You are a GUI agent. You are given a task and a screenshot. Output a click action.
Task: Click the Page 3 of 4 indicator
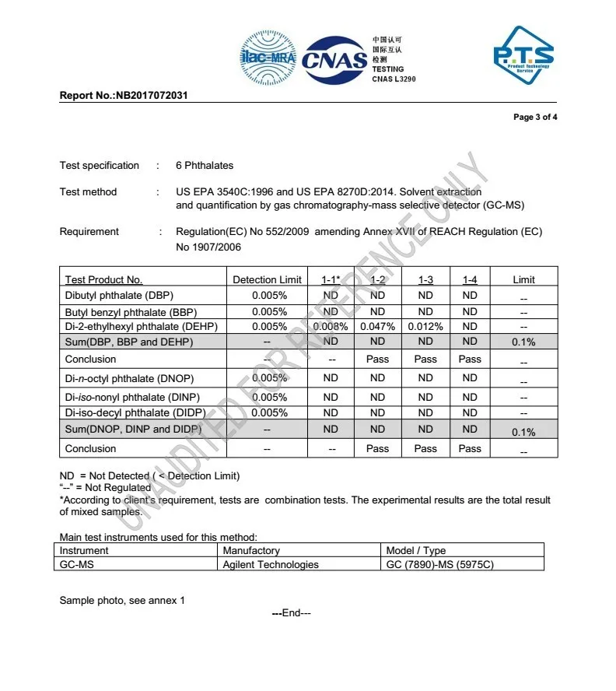point(535,118)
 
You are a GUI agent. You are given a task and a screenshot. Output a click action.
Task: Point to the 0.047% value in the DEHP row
point(377,327)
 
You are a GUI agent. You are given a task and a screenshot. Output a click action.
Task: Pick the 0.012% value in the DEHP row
point(425,327)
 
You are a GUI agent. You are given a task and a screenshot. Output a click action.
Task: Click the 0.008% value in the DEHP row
point(331,327)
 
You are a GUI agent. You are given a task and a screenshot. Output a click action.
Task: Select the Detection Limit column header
point(267,279)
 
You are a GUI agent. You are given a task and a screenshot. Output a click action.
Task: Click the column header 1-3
point(425,279)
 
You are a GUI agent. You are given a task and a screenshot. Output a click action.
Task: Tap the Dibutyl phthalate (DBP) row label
point(119,296)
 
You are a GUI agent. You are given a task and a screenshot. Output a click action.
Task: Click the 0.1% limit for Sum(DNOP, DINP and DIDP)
point(523,432)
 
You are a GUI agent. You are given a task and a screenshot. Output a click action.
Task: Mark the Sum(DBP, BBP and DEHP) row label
point(129,342)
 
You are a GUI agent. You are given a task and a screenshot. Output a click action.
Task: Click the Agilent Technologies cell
point(271,564)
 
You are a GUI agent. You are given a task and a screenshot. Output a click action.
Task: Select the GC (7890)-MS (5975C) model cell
point(439,564)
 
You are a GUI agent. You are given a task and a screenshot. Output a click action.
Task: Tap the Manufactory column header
point(251,551)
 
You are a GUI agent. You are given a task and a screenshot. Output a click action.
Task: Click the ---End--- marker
point(292,613)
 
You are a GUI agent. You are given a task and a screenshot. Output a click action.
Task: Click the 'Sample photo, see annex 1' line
point(122,600)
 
